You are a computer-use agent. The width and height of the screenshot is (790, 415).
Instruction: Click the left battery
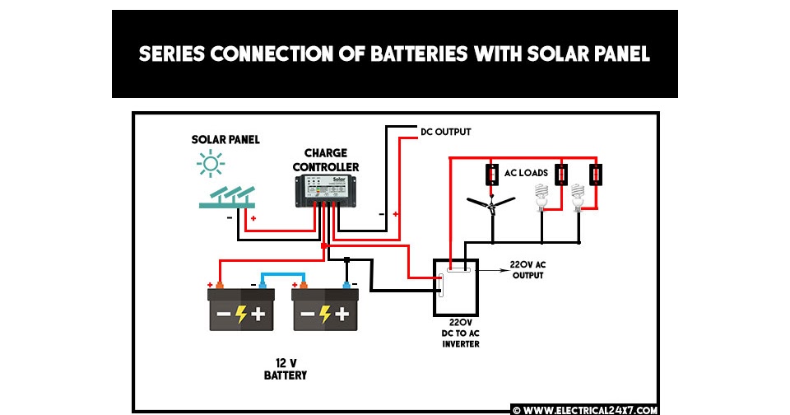[x=241, y=310]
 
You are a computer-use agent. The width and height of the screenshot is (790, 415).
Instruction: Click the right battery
[x=325, y=310]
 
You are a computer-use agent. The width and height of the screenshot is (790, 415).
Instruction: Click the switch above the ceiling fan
[x=490, y=175]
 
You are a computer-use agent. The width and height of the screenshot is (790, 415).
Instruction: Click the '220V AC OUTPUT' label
[x=527, y=269]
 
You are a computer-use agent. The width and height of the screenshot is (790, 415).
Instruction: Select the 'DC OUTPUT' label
[x=445, y=132]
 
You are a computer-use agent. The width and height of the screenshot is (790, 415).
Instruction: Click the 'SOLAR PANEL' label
[x=225, y=140]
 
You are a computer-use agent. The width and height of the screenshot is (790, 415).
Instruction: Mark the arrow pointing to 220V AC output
[x=491, y=268]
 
